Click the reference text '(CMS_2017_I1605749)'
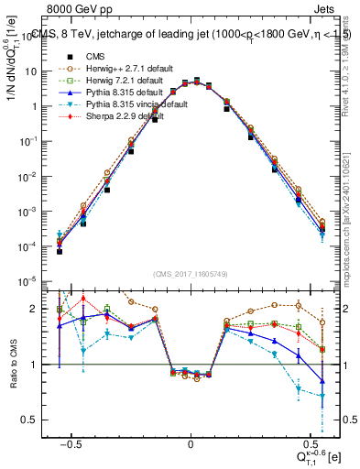[191, 274]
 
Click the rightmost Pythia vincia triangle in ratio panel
[322, 396]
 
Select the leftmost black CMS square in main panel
[60, 251]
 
